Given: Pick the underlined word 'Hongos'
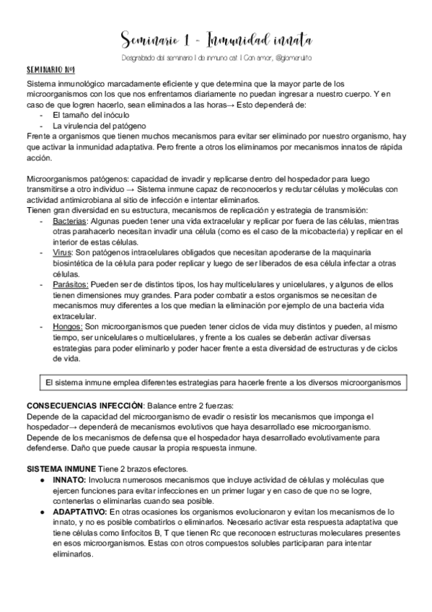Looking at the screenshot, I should tap(68, 326).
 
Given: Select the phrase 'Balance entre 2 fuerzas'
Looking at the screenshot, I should tap(187, 405).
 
